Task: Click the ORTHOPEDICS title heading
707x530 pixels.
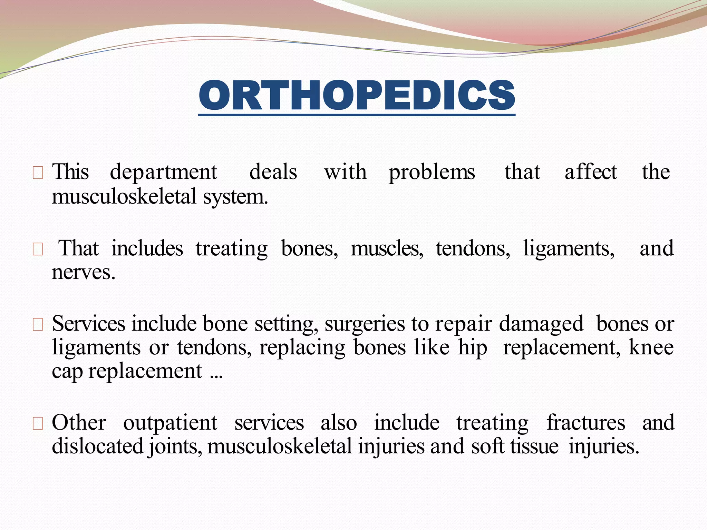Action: tap(357, 96)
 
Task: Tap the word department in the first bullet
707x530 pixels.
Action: tap(163, 173)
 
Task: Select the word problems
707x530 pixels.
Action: tap(432, 173)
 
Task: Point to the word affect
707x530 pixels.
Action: tap(591, 172)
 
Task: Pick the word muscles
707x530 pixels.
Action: tap(387, 248)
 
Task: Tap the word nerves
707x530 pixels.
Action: tap(83, 273)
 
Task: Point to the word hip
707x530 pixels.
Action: tap(473, 348)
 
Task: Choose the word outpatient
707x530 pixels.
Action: tap(170, 423)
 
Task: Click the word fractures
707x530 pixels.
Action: tap(585, 422)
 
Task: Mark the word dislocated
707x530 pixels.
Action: tap(98, 446)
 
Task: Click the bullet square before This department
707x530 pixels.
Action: tap(38, 173)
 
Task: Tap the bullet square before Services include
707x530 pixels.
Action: tap(38, 325)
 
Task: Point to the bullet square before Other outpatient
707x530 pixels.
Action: tap(38, 423)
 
